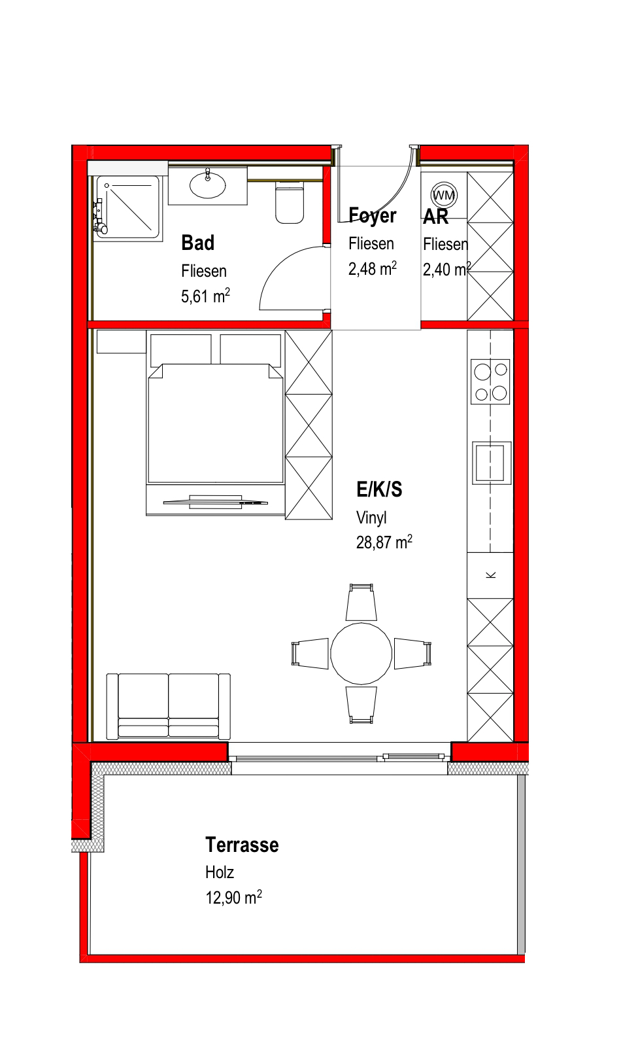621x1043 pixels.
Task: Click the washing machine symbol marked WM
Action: (444, 195)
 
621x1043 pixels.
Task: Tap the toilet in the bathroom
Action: (290, 202)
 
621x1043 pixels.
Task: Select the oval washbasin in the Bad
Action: (207, 185)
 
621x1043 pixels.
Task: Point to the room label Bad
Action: (197, 243)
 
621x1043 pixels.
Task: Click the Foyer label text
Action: (372, 215)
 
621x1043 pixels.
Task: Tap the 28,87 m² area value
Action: (384, 542)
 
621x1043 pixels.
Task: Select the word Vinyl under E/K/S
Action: (371, 518)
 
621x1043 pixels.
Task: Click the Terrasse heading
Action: (242, 845)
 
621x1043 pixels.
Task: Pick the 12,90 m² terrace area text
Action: (233, 897)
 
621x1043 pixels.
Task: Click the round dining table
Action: (361, 654)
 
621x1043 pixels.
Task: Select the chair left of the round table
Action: (310, 654)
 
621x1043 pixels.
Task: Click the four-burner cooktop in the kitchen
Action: (490, 381)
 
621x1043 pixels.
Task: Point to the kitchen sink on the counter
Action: (492, 463)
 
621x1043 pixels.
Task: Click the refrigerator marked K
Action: (490, 575)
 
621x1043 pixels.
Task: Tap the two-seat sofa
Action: (169, 706)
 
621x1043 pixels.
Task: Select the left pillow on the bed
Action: (181, 349)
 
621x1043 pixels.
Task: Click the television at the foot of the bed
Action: (215, 502)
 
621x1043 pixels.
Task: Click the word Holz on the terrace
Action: (220, 872)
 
